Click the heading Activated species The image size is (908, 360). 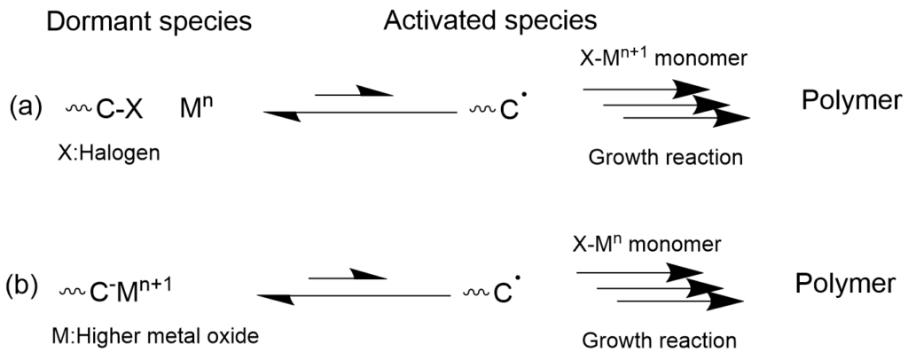point(489,21)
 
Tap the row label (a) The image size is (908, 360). point(26,107)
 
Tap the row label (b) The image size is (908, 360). point(22,287)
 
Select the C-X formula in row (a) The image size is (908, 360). point(119,109)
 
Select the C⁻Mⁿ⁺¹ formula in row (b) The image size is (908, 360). point(131,290)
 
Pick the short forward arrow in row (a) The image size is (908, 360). point(355,91)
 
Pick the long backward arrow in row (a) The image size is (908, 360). point(360,114)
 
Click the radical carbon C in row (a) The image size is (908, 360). point(509,109)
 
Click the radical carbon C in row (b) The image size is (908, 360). point(503,293)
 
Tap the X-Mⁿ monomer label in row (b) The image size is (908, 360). point(646,243)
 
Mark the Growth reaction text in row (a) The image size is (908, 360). point(665,157)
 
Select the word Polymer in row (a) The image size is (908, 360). point(852,101)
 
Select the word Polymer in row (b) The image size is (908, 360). point(845,284)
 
